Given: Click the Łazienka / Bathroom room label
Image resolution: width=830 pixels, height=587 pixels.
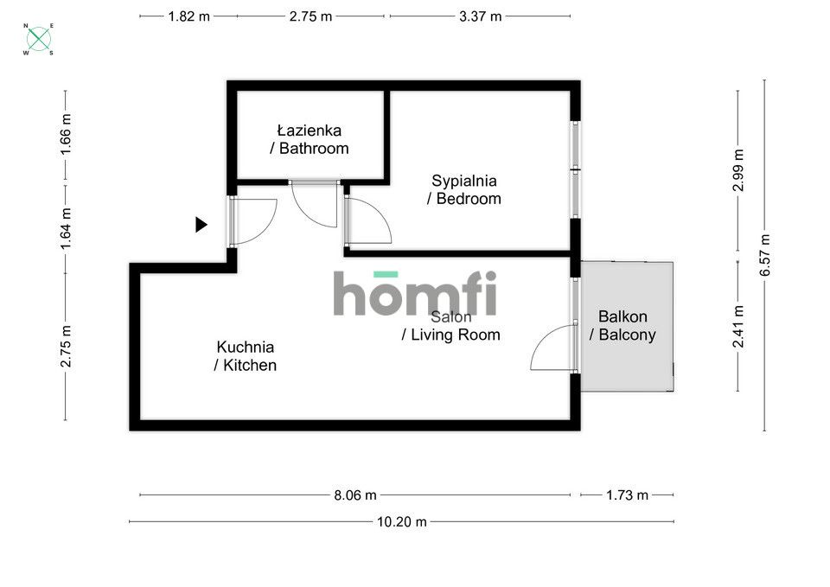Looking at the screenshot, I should [x=309, y=139].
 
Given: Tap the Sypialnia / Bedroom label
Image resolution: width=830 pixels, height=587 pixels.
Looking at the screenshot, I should [x=463, y=189].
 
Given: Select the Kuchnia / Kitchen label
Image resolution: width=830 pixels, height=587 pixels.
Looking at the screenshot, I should [x=245, y=355].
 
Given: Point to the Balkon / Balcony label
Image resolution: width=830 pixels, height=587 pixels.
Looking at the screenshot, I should [x=622, y=326].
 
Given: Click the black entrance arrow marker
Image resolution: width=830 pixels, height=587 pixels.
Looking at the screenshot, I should [x=201, y=225].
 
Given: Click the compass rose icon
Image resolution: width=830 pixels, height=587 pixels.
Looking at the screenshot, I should [x=39, y=39].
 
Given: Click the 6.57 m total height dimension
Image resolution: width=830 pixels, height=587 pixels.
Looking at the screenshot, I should [x=764, y=255].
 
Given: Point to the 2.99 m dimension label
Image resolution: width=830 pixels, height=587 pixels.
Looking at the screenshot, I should [x=737, y=171].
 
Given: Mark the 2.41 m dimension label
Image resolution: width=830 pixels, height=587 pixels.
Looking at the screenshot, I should [x=737, y=327].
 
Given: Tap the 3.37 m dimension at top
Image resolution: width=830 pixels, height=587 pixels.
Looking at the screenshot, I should [x=480, y=16].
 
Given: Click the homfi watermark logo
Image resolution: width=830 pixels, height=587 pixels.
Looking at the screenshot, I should [x=415, y=294].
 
